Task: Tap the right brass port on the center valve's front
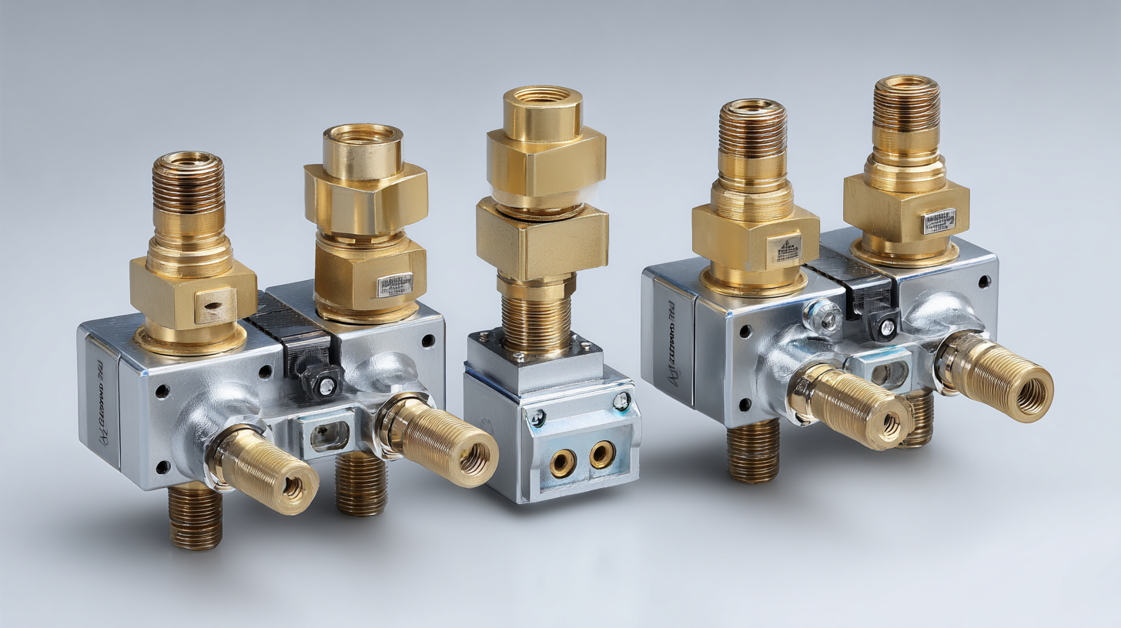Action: coord(601,454)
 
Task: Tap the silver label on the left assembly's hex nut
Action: coord(394,284)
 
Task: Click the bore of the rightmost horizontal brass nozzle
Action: coord(1032,395)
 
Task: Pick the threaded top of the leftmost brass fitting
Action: coord(188,182)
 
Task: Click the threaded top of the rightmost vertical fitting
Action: coord(907,104)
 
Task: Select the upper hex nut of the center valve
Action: coord(545,162)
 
